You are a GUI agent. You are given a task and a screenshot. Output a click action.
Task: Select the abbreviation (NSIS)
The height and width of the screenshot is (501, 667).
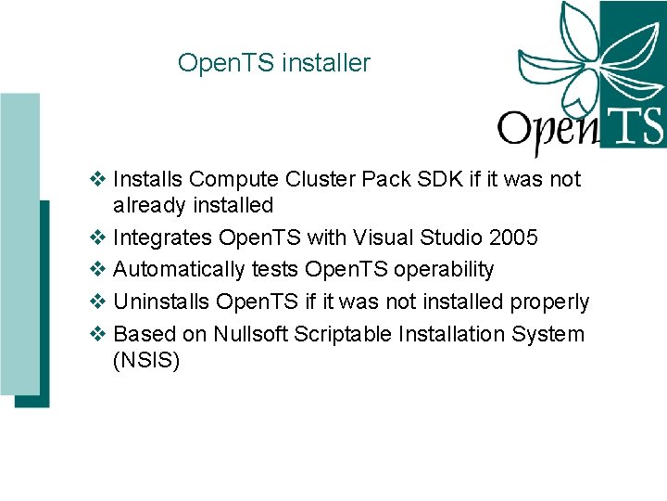[x=145, y=360]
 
